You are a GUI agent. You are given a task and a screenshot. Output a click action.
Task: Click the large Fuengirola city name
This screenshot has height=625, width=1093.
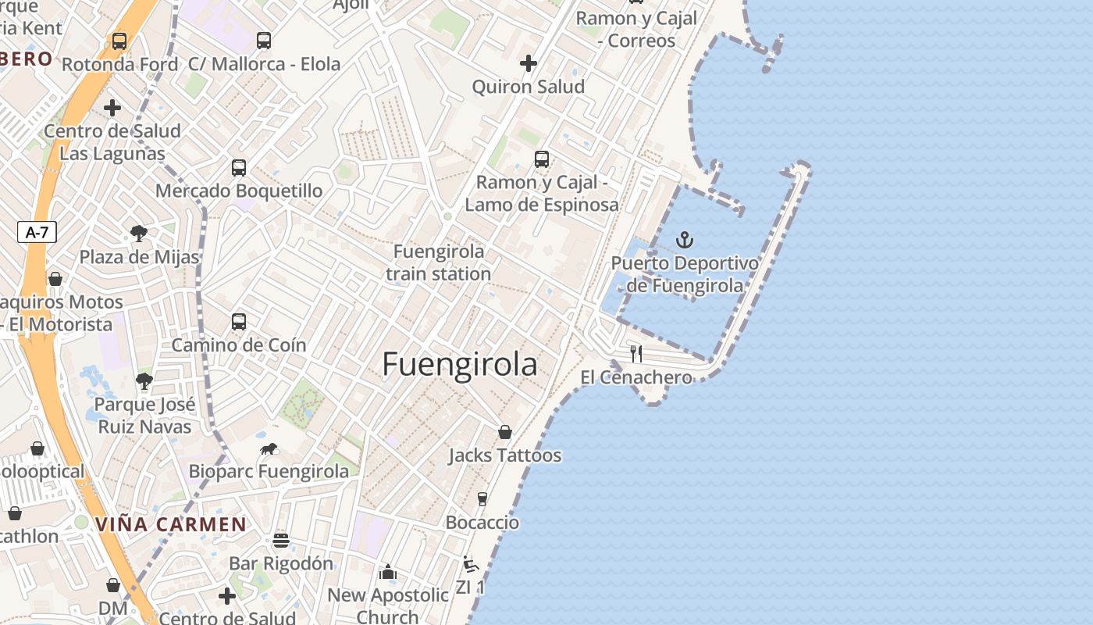pos(460,365)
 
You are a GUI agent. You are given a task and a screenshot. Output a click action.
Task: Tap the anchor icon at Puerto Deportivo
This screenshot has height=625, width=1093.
pos(685,240)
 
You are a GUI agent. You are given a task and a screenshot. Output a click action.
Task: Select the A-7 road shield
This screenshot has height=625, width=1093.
pos(37,232)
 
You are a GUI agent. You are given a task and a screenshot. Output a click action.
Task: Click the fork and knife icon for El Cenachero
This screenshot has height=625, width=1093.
pos(636,353)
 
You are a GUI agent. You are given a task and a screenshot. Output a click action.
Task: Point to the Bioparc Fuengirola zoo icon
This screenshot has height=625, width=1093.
pos(269,449)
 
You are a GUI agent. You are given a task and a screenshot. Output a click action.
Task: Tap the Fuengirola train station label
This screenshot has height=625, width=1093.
pos(438,262)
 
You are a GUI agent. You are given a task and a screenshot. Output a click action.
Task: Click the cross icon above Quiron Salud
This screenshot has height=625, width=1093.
pos(529,62)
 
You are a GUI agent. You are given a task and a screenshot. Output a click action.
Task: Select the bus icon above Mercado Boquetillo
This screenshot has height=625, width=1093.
pos(239,167)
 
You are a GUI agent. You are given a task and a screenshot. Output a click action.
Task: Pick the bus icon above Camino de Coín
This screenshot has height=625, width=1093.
pos(239,322)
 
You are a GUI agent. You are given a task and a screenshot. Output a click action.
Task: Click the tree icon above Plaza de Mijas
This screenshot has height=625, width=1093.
pos(139,233)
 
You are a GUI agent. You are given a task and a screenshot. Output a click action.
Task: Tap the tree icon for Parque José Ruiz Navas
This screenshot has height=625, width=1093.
pos(144,381)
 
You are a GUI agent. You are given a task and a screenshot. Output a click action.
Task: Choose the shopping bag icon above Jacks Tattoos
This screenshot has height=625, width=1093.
pos(505,432)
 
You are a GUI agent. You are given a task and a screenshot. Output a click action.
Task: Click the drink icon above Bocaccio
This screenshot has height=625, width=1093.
pos(482,499)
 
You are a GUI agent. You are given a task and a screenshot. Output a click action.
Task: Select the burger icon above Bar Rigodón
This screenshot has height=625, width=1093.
pos(281,541)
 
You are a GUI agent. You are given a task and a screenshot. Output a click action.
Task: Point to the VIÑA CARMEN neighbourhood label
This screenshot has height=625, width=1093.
pos(171,524)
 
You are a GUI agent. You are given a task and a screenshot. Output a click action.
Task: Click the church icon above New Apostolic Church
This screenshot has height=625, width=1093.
pos(388,573)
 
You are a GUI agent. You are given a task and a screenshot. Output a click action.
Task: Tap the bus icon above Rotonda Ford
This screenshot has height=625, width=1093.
pos(119,41)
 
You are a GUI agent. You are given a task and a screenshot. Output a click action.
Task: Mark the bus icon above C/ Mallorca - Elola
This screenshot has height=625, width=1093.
pos(264,40)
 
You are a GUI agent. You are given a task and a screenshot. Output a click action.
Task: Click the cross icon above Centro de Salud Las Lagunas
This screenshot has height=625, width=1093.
pos(112,108)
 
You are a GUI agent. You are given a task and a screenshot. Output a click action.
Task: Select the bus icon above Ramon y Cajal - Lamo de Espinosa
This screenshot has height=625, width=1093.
pos(542,159)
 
